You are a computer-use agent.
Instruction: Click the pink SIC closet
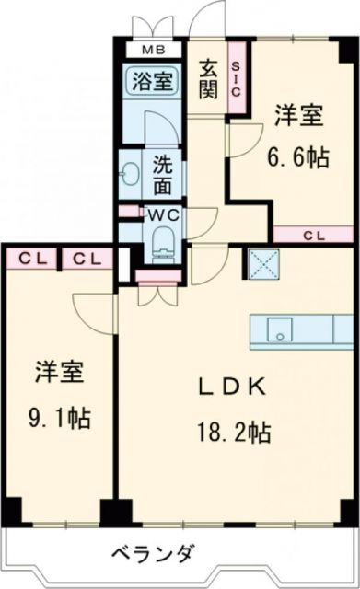click(x=236, y=81)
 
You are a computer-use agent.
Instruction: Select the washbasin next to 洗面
click(x=129, y=171)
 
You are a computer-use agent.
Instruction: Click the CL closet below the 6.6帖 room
click(x=313, y=235)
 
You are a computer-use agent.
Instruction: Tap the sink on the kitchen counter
click(x=276, y=329)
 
